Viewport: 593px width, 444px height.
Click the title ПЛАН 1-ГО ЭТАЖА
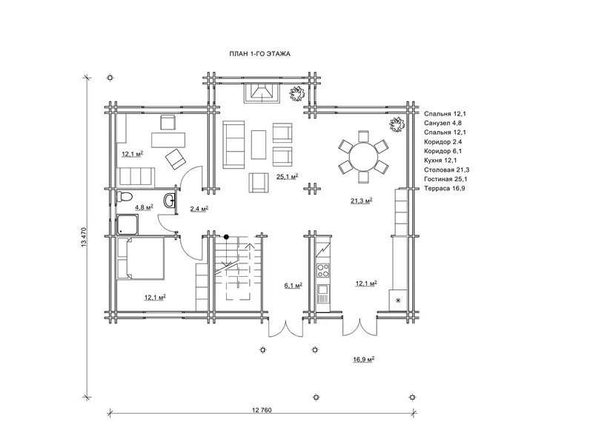(260, 54)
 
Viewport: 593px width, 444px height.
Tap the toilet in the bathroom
(125, 197)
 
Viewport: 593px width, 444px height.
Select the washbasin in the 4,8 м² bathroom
(170, 201)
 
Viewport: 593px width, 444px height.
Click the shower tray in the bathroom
(127, 224)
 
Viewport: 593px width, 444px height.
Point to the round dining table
(363, 157)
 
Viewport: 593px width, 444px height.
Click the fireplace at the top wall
(262, 93)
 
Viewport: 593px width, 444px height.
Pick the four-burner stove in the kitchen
(323, 270)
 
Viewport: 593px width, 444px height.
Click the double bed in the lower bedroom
(141, 258)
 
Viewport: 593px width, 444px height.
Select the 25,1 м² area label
(287, 176)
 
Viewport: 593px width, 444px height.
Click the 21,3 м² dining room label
(361, 201)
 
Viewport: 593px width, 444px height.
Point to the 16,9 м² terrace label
(364, 360)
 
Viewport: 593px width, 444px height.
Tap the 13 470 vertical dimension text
(84, 237)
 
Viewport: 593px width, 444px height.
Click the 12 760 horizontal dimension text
(262, 410)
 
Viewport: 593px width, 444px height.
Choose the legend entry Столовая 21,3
(447, 170)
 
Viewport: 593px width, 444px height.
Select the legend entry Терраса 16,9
(444, 189)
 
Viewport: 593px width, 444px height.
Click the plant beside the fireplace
(297, 93)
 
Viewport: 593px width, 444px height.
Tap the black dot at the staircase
(226, 237)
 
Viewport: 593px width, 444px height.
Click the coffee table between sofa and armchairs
(259, 144)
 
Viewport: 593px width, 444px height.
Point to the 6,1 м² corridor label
(293, 286)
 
